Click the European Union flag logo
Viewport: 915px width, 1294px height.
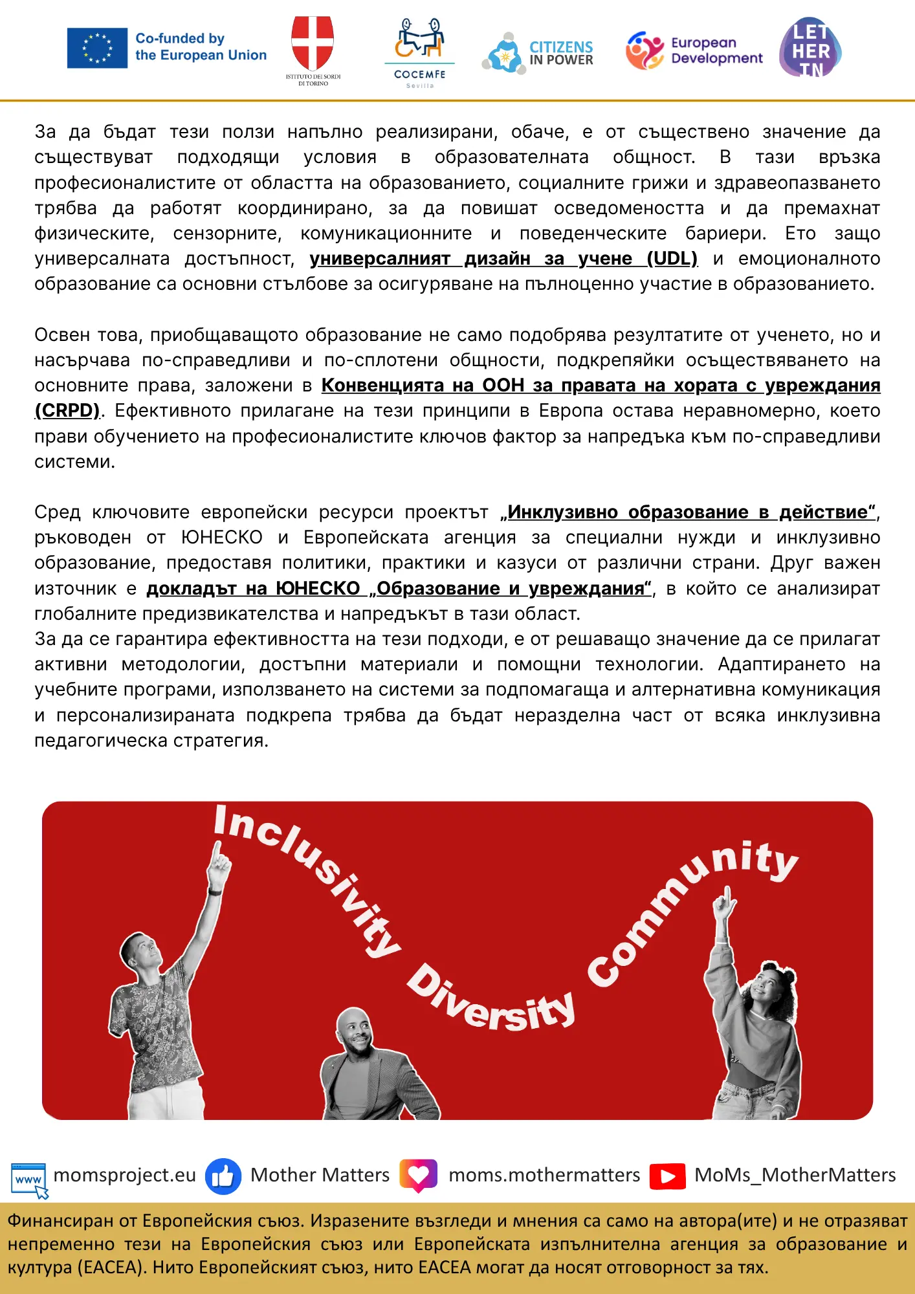(97, 48)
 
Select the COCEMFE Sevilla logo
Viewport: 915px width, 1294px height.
(419, 52)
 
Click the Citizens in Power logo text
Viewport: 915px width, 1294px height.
(560, 53)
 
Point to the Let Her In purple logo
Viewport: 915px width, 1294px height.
(810, 48)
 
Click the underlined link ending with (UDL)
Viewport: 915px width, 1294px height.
(503, 259)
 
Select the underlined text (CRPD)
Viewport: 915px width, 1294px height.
(67, 411)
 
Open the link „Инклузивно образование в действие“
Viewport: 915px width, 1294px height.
(690, 512)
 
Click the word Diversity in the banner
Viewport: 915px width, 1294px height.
(492, 1000)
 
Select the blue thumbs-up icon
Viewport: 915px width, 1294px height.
(223, 1176)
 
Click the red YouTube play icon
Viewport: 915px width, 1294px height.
(667, 1176)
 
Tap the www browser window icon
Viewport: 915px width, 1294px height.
(29, 1178)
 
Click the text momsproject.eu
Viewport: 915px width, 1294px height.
(124, 1175)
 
